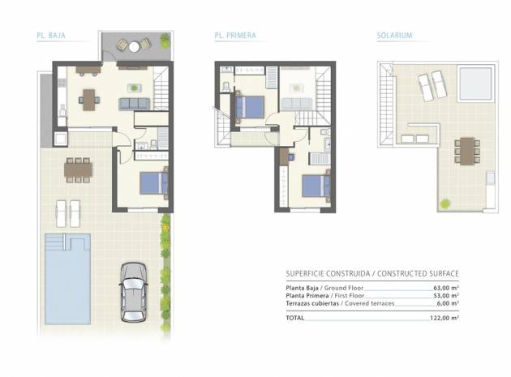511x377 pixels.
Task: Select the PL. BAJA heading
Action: point(50,36)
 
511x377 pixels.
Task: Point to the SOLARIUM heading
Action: point(394,36)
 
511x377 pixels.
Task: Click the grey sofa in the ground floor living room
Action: point(134,103)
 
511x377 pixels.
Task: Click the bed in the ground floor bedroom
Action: point(153,182)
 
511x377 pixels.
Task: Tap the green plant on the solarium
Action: point(445,202)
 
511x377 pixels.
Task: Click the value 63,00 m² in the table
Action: point(444,288)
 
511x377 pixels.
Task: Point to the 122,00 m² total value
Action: point(444,319)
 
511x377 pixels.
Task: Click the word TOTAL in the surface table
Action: point(295,319)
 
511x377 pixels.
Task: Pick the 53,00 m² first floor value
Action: point(444,296)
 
